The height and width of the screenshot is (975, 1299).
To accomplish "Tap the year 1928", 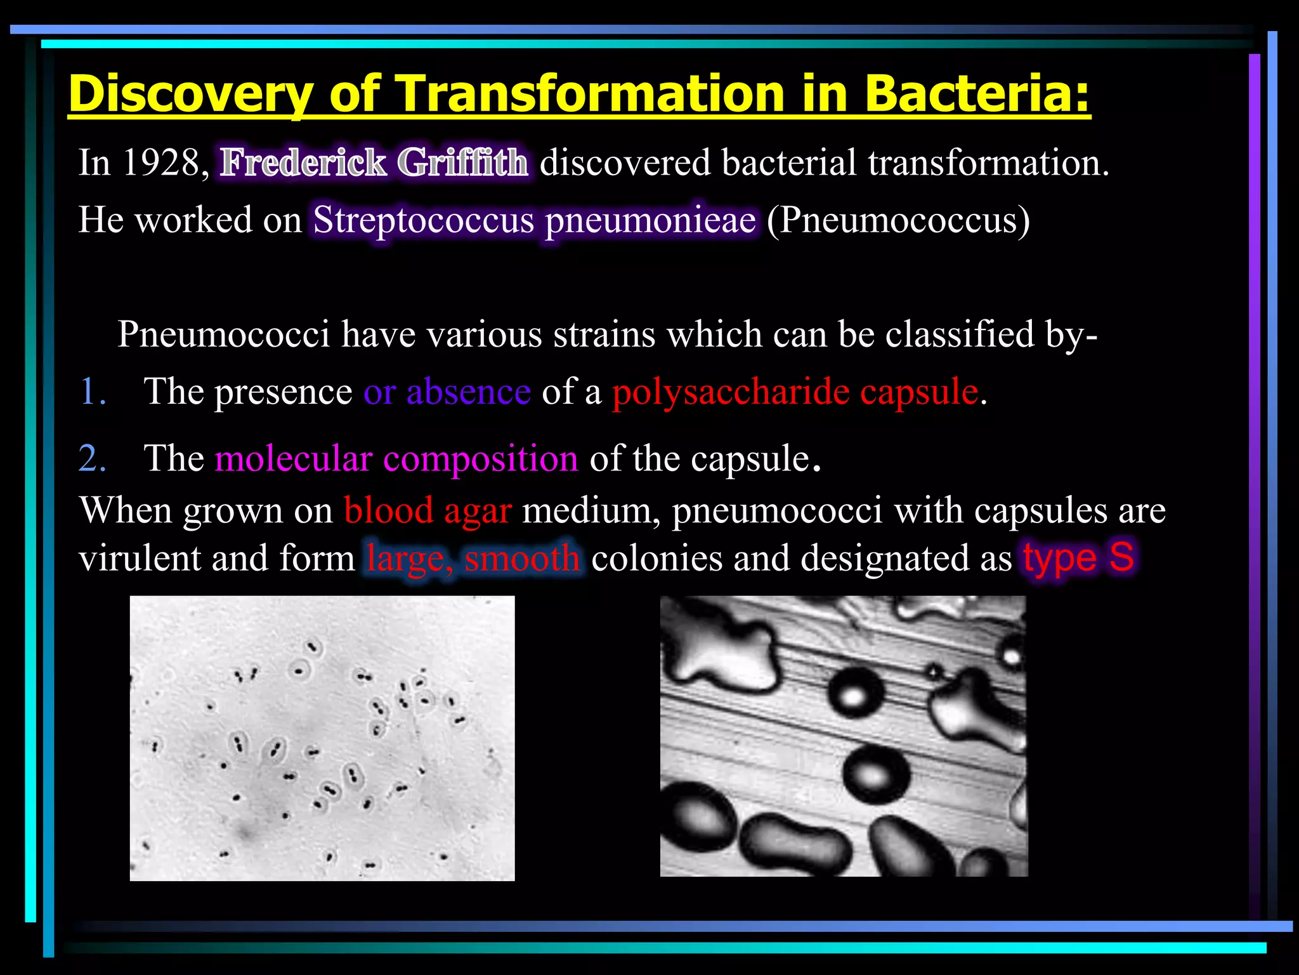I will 161,162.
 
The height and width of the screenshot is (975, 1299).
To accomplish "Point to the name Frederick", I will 303,162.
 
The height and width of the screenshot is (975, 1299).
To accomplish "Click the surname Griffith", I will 462,162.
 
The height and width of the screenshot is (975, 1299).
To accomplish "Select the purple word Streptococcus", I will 424,220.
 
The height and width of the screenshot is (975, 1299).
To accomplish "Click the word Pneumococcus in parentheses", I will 898,220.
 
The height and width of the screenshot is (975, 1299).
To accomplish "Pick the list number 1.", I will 93,392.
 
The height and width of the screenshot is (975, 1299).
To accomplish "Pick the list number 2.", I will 93,458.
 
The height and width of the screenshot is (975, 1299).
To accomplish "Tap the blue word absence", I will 469,392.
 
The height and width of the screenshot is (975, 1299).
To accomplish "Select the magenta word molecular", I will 294,458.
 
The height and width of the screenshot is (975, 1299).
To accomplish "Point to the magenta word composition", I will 481,458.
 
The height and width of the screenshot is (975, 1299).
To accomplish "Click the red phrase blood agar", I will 428,510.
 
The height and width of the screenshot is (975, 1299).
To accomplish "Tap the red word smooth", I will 521,559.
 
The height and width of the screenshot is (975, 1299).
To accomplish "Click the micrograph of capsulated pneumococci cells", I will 322,738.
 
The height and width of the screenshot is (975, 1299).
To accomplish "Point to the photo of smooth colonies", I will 844,736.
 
